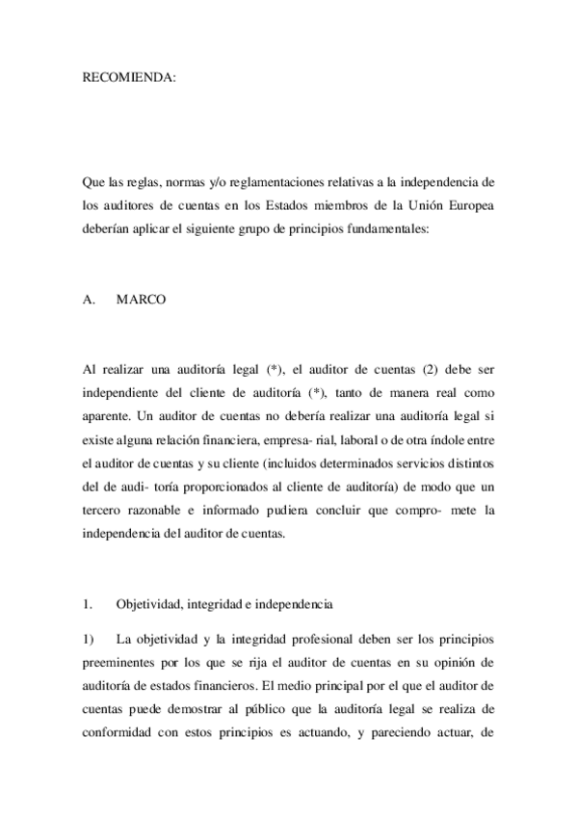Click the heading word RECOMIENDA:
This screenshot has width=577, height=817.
pyautogui.click(x=129, y=78)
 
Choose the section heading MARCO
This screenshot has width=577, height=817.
pyautogui.click(x=141, y=299)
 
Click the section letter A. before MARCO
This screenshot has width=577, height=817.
pyautogui.click(x=90, y=299)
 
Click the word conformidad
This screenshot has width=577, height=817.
pyautogui.click(x=119, y=731)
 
